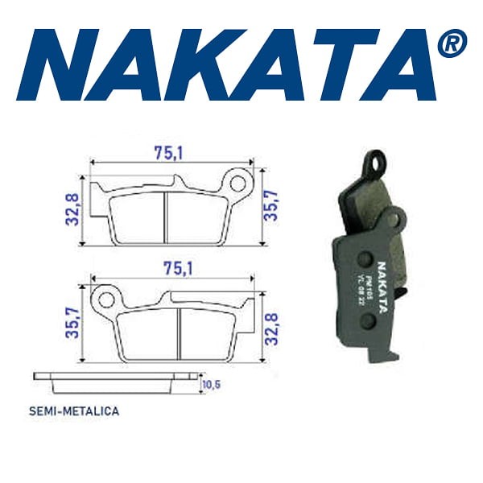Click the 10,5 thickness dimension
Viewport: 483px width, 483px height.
(211, 386)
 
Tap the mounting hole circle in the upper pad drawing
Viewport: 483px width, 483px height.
(238, 178)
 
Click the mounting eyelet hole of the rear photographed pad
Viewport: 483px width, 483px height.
(371, 163)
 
